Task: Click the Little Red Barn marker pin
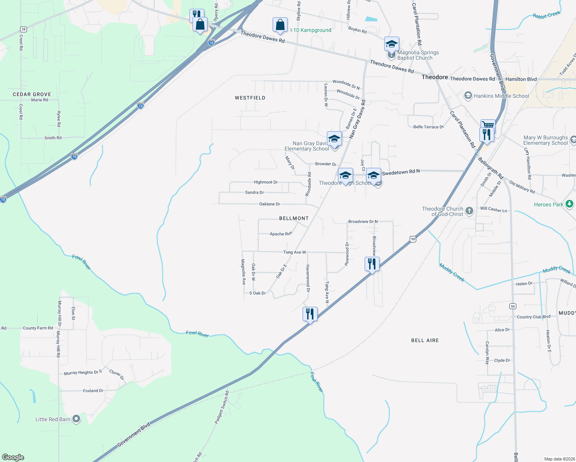(76, 419)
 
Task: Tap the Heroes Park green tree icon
(569, 204)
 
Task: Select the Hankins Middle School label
(501, 96)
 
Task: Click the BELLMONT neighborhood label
(294, 218)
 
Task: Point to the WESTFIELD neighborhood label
(250, 98)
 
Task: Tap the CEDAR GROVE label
(32, 94)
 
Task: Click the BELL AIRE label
(425, 340)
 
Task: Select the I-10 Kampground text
(311, 30)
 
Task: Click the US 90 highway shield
(413, 239)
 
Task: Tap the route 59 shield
(512, 306)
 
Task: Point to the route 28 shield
(23, 29)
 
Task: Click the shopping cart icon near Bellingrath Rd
(488, 125)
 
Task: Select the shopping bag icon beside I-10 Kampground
(280, 25)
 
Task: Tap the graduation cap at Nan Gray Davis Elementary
(334, 139)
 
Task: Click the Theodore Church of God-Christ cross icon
(469, 211)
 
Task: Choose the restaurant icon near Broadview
(372, 264)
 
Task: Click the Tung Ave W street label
(295, 252)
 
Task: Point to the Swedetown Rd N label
(401, 172)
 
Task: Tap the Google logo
(13, 457)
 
